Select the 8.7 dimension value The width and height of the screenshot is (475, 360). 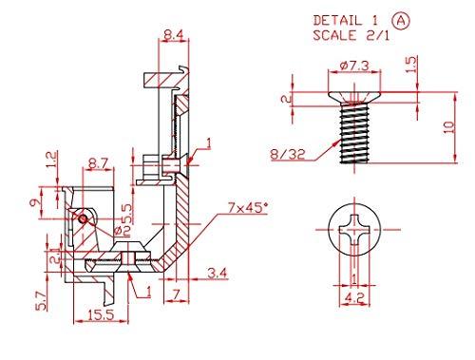[x=97, y=164]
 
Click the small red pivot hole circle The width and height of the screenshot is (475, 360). [x=84, y=218]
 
